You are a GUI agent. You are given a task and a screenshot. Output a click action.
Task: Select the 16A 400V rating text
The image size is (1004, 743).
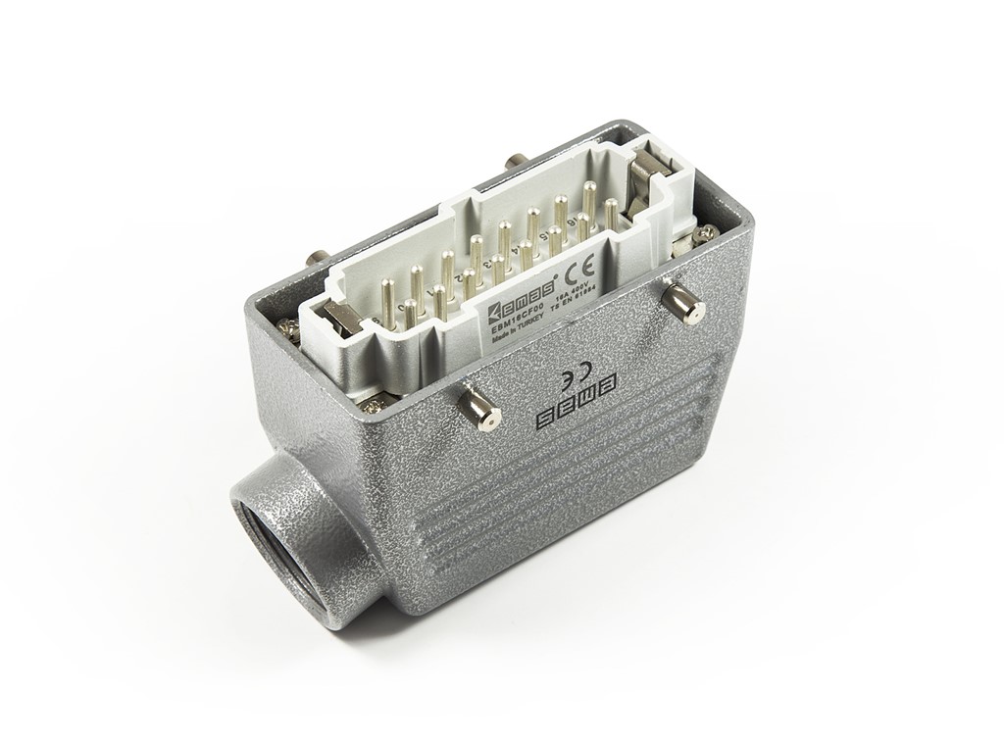click(x=577, y=291)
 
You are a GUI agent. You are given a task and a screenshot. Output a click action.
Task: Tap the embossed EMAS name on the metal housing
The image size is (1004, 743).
click(x=578, y=401)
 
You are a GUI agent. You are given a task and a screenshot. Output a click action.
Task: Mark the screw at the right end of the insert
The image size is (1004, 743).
click(x=705, y=233)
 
